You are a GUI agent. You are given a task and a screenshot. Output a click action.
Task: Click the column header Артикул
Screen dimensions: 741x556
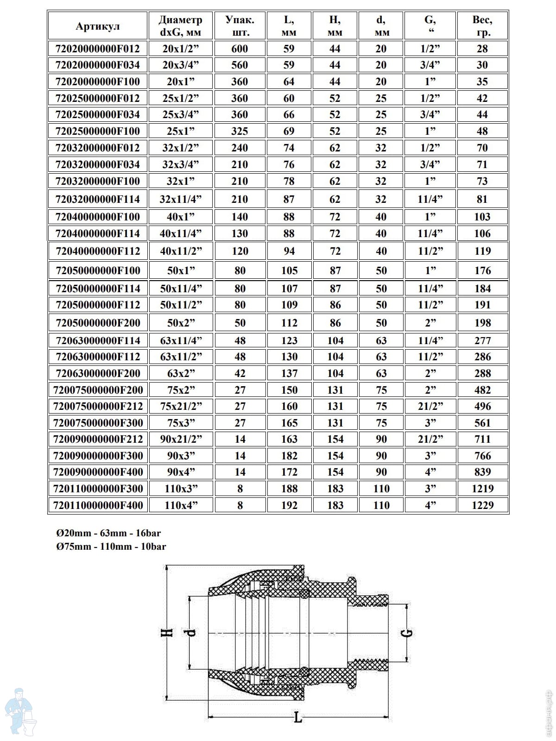[98, 26]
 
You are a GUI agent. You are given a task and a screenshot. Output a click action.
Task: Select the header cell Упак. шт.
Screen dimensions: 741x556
[240, 26]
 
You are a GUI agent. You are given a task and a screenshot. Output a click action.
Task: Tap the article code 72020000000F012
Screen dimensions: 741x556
[98, 49]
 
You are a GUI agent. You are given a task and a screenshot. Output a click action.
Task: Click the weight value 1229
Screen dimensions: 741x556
[482, 505]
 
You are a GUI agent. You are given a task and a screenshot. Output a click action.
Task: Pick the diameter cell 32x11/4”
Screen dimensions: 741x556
[181, 199]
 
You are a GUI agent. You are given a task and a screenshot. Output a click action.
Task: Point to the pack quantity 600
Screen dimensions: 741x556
[240, 49]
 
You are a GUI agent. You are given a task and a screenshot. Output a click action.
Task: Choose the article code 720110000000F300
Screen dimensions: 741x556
[98, 489]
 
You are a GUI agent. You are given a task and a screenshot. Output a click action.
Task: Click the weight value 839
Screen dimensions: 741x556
[482, 472]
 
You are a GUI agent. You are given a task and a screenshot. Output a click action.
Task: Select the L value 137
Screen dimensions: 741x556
[289, 373]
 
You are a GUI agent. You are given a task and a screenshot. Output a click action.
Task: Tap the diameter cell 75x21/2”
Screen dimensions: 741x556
[181, 406]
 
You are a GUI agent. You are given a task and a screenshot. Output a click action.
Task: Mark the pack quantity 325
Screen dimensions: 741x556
[240, 131]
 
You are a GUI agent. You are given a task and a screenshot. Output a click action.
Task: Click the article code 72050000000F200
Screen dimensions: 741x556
[98, 323]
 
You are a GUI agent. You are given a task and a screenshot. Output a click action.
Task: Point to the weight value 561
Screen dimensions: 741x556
[482, 423]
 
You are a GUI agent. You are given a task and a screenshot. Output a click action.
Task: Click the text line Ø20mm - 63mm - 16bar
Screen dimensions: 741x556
[108, 533]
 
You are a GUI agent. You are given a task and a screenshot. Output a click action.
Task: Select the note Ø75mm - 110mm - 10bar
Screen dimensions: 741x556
[111, 546]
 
